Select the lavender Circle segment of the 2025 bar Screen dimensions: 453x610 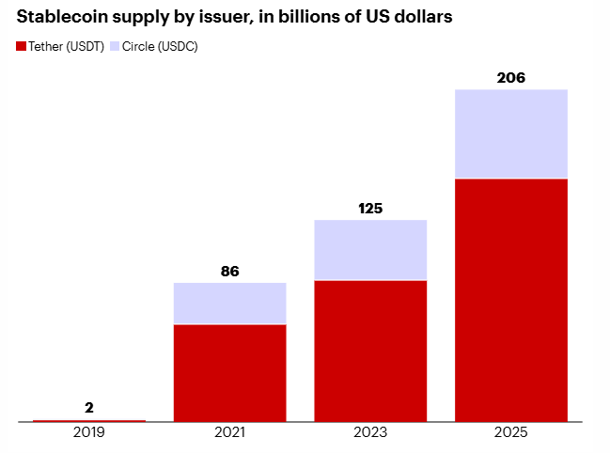(511, 133)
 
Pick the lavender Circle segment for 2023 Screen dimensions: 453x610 (370, 250)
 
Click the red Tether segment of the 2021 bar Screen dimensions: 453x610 (230, 372)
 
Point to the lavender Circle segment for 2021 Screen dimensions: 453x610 (230, 303)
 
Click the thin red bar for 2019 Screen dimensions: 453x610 (89, 420)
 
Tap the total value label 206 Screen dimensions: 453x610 (511, 77)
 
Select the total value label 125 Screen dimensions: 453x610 (370, 208)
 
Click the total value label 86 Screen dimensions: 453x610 (230, 271)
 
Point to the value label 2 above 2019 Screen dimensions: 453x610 (89, 407)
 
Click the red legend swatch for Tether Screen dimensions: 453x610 (22, 46)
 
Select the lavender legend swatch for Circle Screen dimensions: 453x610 (115, 46)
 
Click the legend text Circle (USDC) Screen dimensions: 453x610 (161, 46)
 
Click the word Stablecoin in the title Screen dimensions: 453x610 (61, 19)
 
